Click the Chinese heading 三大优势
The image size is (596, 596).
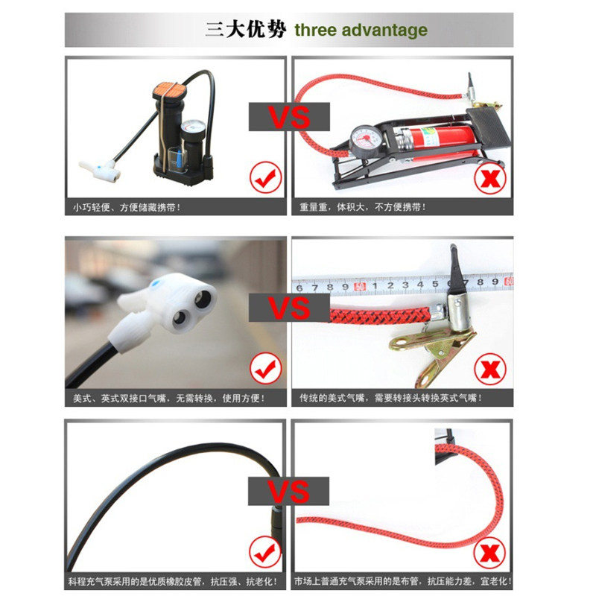(245, 30)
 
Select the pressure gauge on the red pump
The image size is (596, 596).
(364, 140)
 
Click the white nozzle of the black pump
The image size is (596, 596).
(100, 170)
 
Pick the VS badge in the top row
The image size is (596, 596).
(289, 117)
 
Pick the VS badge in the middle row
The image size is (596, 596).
(289, 308)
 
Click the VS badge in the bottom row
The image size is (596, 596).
(288, 491)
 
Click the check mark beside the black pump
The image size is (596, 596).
(266, 177)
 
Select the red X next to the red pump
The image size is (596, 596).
(490, 178)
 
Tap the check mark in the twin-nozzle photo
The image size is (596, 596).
(266, 368)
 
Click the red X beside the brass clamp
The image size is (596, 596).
(490, 369)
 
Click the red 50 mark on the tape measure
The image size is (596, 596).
(360, 286)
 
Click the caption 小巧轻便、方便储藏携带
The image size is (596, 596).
(127, 208)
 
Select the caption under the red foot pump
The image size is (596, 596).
(363, 207)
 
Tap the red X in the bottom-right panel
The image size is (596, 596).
(489, 552)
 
